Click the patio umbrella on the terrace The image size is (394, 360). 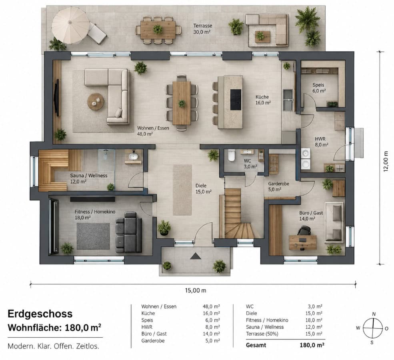tap(71, 25)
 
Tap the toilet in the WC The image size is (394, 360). tap(232, 155)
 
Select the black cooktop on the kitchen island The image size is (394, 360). tap(236, 100)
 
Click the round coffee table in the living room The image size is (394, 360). tap(96, 102)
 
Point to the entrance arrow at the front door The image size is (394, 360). tap(196, 256)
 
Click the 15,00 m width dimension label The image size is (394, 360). tap(196, 290)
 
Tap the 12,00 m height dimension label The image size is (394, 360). tap(386, 161)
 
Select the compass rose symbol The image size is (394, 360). tap(373, 328)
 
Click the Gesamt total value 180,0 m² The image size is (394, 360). tap(312, 345)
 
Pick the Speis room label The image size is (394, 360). tap(318, 85)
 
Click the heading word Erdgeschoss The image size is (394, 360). tap(40, 314)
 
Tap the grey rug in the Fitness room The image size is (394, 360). tap(93, 236)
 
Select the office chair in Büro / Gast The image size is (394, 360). tap(304, 231)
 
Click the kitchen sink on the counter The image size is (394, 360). tap(288, 100)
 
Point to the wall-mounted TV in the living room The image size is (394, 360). tap(57, 98)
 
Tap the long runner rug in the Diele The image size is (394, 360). tap(182, 190)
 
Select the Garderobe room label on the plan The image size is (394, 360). tap(278, 184)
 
